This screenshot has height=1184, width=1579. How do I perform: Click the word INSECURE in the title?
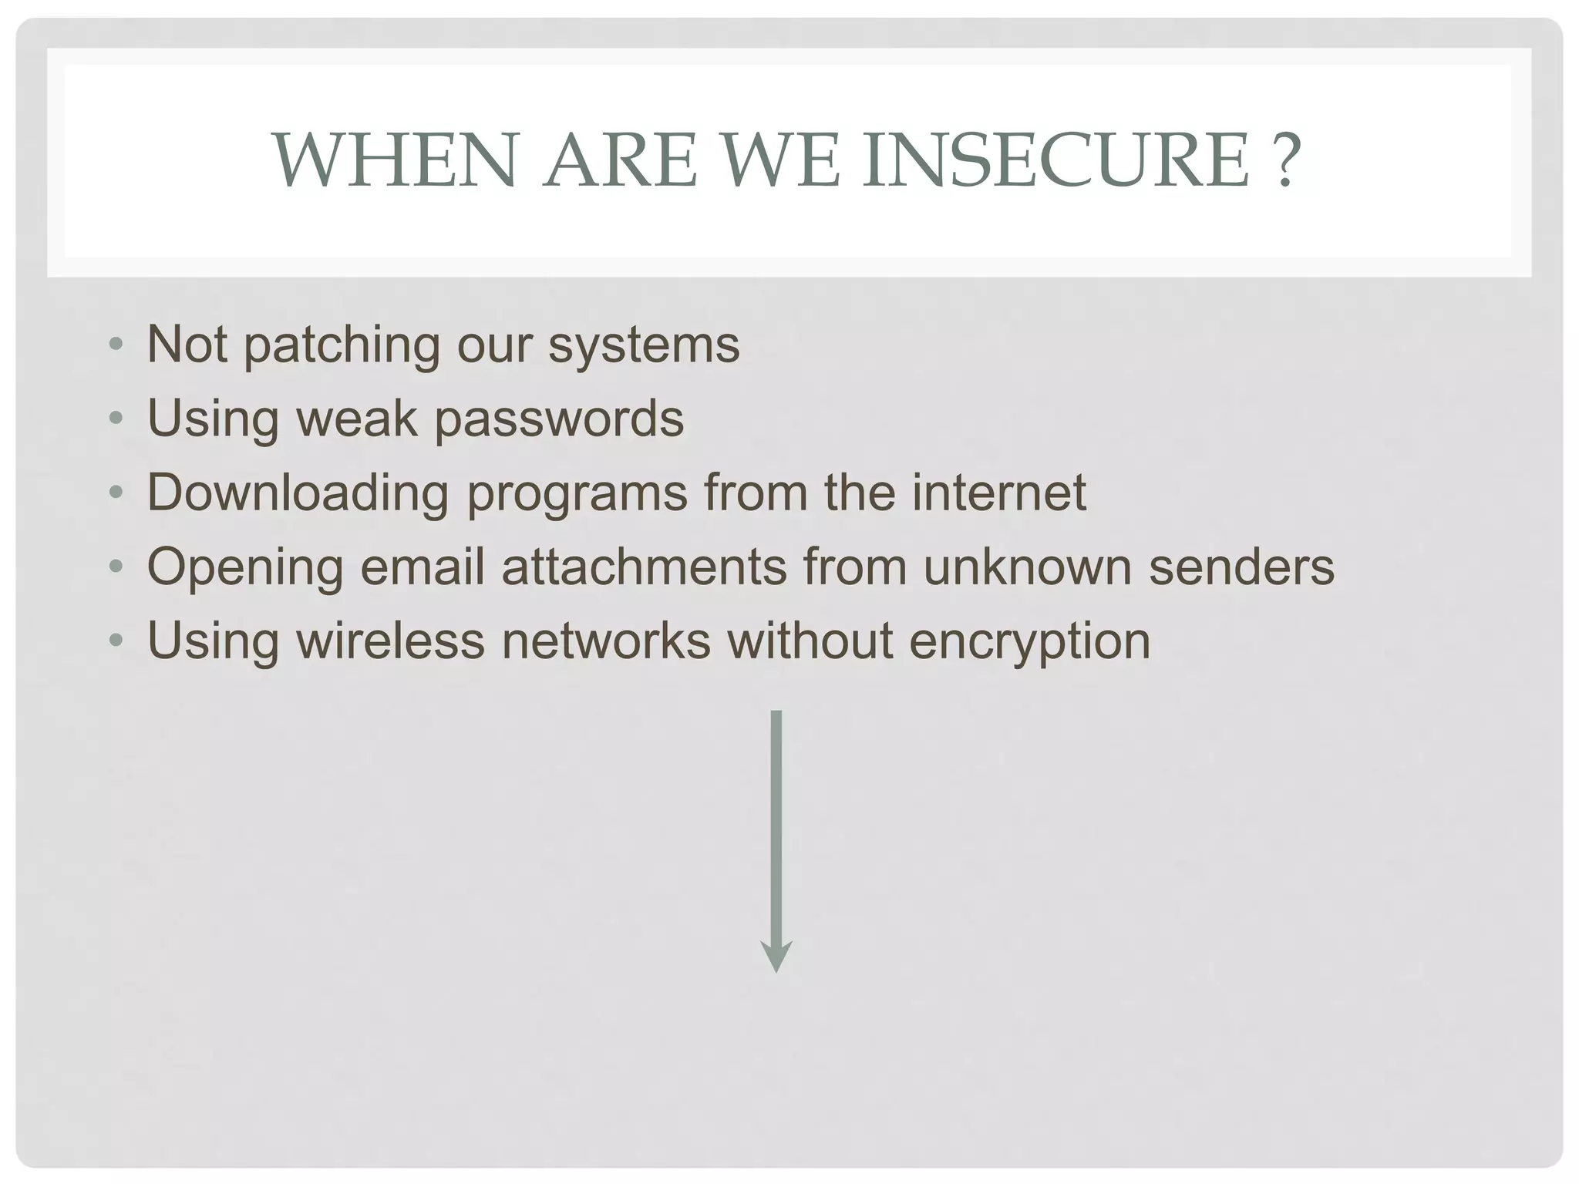[1055, 160]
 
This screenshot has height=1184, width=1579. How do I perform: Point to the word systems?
[644, 346]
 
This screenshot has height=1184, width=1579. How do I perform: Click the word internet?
[999, 492]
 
